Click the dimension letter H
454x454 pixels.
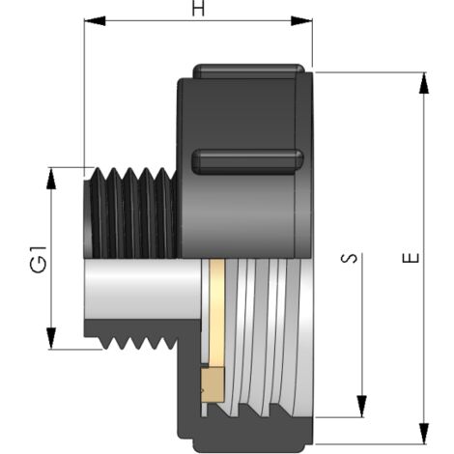point(198,9)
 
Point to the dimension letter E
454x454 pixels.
point(412,258)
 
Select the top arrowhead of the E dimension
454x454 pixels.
point(423,80)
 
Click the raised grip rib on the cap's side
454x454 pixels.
point(247,161)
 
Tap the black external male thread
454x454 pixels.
point(129,214)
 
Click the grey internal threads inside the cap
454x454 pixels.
point(270,338)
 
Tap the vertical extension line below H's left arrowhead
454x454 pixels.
point(84,97)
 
